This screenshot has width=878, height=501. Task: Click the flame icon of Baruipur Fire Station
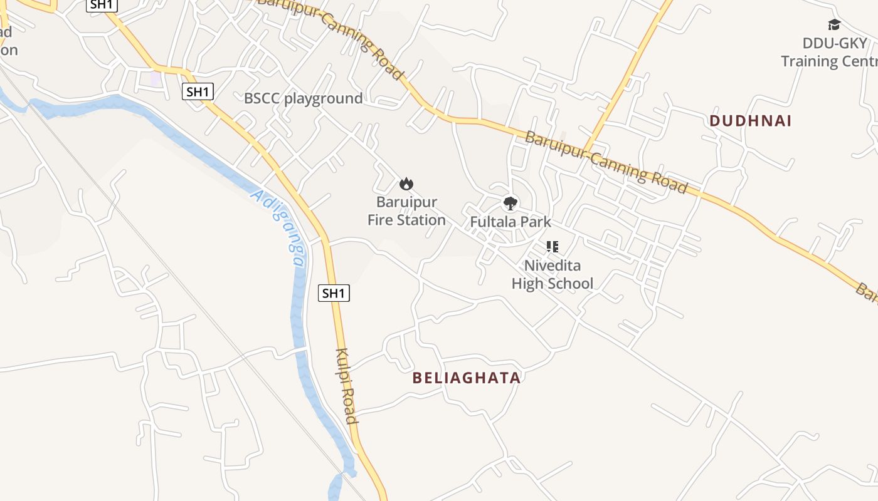coord(406,183)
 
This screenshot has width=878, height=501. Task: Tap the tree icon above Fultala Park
coord(510,203)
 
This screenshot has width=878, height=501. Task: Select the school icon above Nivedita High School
coord(552,247)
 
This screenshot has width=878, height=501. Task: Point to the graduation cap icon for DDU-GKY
coord(834,25)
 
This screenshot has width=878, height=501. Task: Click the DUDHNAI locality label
coord(750,121)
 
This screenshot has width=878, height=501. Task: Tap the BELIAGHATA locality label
coord(467,378)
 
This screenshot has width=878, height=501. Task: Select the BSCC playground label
coord(303,98)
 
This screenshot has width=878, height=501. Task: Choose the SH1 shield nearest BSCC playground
coord(198,92)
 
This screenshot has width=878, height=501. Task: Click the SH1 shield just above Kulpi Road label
coord(334,292)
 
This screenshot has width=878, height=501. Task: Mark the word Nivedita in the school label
coord(552,266)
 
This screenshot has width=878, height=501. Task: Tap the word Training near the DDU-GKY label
coord(809,61)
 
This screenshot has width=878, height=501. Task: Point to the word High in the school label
coord(526,284)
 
